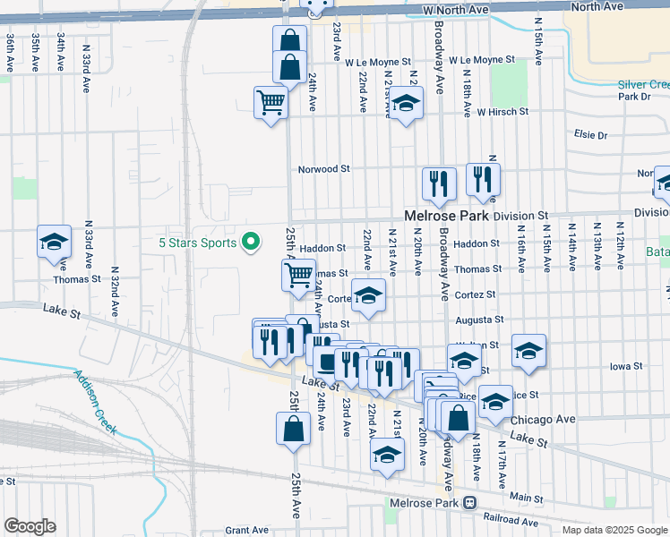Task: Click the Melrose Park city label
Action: tap(446, 216)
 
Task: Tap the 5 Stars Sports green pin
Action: tap(252, 242)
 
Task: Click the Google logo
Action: tap(30, 526)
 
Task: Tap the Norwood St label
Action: tap(323, 168)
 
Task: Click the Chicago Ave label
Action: tap(541, 419)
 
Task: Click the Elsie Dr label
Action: tap(590, 135)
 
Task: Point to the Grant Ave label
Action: tap(247, 530)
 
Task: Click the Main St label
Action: tap(526, 498)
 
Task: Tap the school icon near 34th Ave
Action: tap(54, 242)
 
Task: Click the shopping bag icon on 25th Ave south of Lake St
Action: tap(293, 428)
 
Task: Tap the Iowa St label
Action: tap(625, 366)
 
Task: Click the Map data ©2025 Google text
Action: tap(614, 530)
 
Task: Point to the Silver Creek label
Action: tap(643, 85)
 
